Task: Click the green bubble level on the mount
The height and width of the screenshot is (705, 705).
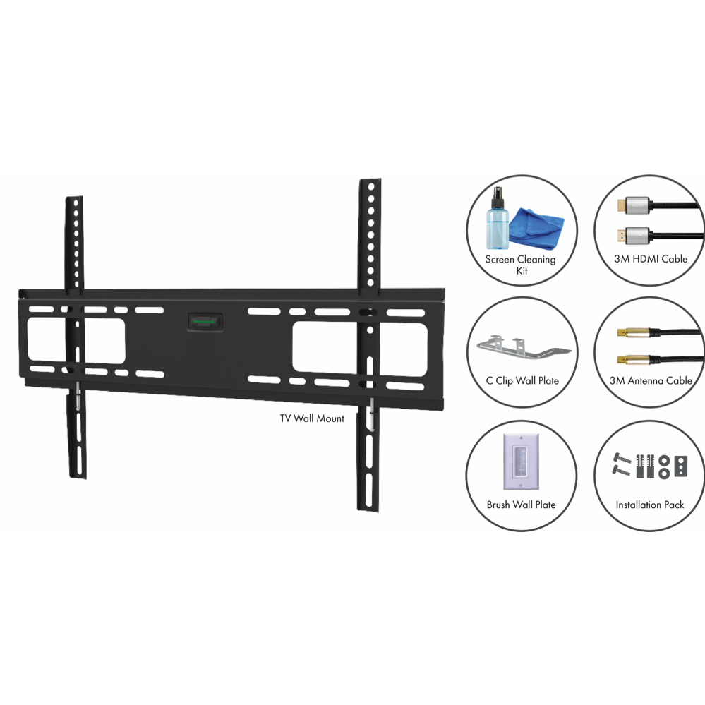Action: (203, 321)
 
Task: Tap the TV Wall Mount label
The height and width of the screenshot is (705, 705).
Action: (312, 418)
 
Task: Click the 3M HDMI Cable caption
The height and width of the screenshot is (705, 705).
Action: (650, 259)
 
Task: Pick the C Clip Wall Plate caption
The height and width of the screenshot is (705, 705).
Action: (522, 381)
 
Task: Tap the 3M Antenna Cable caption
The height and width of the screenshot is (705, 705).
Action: (651, 381)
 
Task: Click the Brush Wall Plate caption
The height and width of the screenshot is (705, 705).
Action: (521, 505)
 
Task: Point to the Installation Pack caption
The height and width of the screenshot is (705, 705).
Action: (650, 505)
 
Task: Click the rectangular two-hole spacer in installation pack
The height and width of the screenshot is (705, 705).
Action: (681, 466)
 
